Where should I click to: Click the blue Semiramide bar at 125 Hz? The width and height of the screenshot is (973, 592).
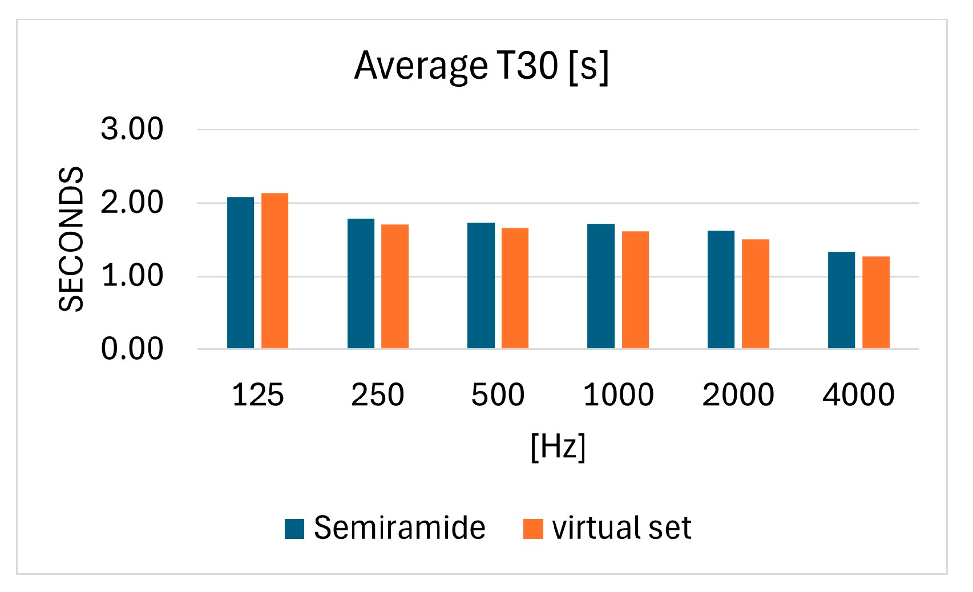pos(240,273)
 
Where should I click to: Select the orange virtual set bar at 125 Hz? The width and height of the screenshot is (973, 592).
pos(274,271)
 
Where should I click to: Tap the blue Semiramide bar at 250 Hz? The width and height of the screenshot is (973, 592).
pos(361,284)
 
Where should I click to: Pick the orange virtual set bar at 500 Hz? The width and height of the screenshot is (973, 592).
pos(515,288)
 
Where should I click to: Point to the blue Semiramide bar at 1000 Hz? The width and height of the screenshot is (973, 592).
pos(601,286)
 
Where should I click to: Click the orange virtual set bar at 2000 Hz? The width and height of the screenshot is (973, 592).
pos(755,294)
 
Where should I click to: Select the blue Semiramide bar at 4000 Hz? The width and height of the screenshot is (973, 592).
pos(841,300)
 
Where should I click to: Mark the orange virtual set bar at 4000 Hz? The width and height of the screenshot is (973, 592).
pos(875,303)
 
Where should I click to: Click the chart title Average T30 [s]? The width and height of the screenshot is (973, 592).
pos(482,66)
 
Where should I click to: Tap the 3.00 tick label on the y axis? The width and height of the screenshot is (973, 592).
pos(132,129)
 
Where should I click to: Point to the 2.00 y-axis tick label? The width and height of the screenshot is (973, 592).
pos(132,203)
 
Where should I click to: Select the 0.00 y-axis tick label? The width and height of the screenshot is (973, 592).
pos(132,349)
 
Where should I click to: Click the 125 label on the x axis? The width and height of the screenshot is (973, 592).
pos(258,395)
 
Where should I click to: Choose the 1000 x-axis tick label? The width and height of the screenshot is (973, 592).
pos(618,395)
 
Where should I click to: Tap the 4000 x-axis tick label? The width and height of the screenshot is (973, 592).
pos(858,395)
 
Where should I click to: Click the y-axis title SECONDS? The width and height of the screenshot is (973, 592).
pos(71,239)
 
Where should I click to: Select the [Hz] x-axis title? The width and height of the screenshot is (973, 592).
pos(558,446)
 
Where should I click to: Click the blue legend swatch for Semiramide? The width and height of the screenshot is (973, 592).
pos(294,529)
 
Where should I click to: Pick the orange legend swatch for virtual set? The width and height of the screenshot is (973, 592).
pos(533,529)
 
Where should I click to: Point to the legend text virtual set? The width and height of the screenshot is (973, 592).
pos(621,528)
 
